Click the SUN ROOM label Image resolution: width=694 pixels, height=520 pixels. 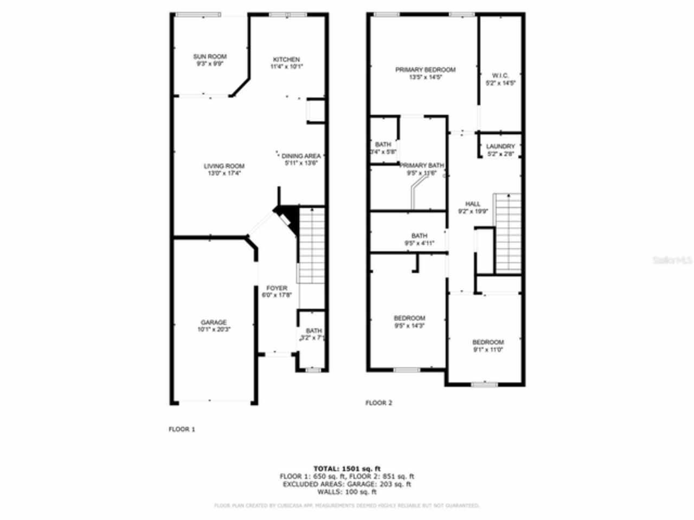(210, 56)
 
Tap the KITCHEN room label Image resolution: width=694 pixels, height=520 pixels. (286, 60)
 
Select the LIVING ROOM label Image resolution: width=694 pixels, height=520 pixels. (224, 166)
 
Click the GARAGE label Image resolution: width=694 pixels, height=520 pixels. (214, 323)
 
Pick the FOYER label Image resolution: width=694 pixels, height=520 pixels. (277, 288)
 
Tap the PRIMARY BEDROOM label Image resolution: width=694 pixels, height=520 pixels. (425, 70)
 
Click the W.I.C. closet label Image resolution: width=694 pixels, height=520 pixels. (500, 75)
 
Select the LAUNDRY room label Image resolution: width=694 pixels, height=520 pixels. (500, 147)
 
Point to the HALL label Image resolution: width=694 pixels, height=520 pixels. (472, 204)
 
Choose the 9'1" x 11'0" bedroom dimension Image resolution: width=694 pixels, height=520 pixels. (487, 350)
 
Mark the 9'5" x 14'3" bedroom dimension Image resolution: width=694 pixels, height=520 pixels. (409, 326)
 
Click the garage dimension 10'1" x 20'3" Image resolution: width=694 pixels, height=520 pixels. (214, 329)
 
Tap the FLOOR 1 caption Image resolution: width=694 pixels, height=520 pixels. (182, 429)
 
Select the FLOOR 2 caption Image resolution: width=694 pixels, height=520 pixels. (378, 402)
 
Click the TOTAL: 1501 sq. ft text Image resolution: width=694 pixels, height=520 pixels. (347, 469)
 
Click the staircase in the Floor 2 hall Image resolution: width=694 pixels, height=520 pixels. (509, 233)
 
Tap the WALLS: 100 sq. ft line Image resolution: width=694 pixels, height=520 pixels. (347, 492)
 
